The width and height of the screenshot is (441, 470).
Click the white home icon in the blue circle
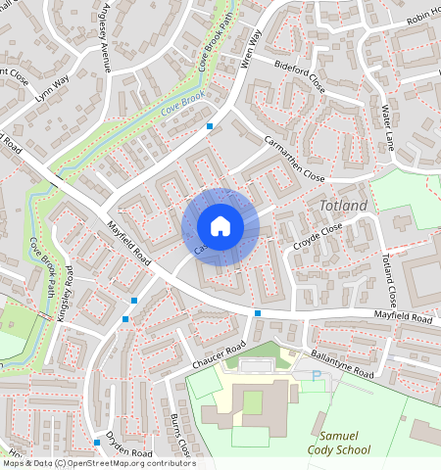tap(220, 226)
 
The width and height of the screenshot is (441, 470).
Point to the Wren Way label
tap(251, 48)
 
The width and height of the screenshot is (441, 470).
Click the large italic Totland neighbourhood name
tap(343, 206)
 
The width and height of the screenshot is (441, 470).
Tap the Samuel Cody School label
tap(343, 442)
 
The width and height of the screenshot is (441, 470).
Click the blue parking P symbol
tap(316, 375)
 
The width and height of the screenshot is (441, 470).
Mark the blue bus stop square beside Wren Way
tap(210, 126)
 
